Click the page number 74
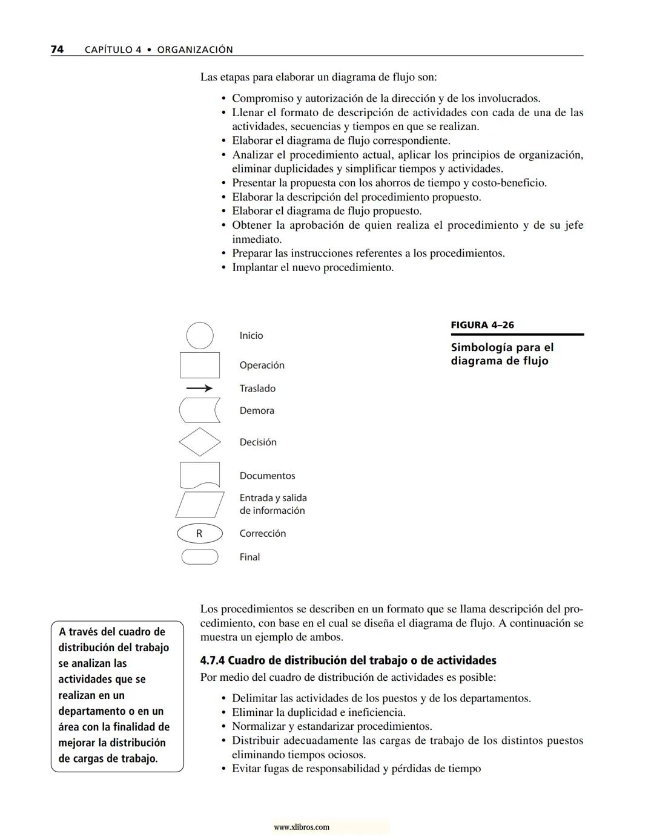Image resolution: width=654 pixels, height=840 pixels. pyautogui.click(x=57, y=49)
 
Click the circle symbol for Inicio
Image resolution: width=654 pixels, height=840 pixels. pyautogui.click(x=200, y=335)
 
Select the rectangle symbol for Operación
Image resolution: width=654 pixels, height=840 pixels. pyautogui.click(x=200, y=365)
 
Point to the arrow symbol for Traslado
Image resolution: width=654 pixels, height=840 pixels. pyautogui.click(x=199, y=388)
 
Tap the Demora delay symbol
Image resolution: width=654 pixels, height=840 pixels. pyautogui.click(x=200, y=410)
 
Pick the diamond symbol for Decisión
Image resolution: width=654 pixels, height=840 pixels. pyautogui.click(x=200, y=442)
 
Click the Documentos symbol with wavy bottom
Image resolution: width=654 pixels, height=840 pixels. pyautogui.click(x=200, y=475)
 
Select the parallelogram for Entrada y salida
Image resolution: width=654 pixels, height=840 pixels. pyautogui.click(x=200, y=504)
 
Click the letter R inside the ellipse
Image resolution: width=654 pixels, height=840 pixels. pyautogui.click(x=199, y=533)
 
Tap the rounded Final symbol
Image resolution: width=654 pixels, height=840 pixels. pyautogui.click(x=200, y=557)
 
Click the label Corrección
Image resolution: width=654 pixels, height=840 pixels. pyautogui.click(x=262, y=533)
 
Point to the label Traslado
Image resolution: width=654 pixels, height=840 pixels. pyautogui.click(x=257, y=389)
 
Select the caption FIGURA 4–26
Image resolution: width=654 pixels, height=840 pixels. pyautogui.click(x=482, y=325)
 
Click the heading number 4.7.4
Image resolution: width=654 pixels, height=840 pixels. pyautogui.click(x=212, y=660)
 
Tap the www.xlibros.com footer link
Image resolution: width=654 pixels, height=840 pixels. pyautogui.click(x=302, y=827)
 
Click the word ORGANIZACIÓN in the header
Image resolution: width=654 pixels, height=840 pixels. pyautogui.click(x=195, y=50)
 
